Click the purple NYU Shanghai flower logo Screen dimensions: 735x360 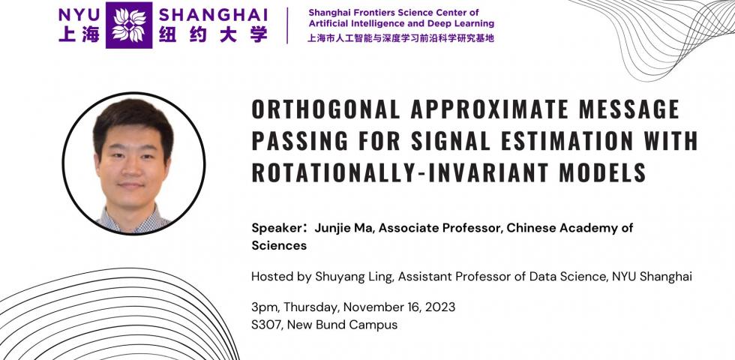click(x=129, y=25)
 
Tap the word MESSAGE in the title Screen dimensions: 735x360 click(x=629, y=109)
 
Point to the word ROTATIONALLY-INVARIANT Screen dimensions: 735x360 click(x=396, y=172)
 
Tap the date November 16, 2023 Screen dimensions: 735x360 click(x=399, y=307)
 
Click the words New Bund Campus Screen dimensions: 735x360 click(x=342, y=324)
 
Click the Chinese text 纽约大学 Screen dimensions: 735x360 click(x=213, y=34)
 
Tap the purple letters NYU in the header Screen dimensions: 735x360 click(x=79, y=14)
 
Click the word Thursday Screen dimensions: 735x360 click(x=310, y=307)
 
